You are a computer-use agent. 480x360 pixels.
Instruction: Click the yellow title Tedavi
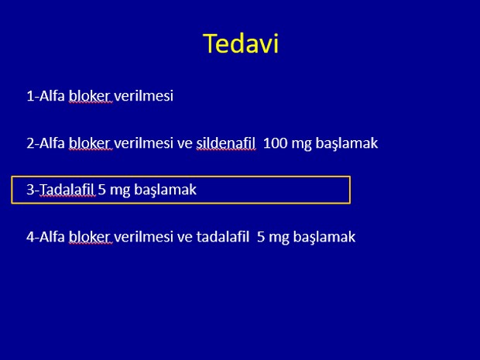(x=241, y=43)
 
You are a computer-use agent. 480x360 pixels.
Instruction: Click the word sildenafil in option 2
(x=225, y=143)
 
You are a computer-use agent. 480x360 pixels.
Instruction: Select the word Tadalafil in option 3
(x=67, y=190)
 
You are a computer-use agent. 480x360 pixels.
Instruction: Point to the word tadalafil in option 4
(x=222, y=237)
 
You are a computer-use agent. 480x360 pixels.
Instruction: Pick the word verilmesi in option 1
(x=143, y=96)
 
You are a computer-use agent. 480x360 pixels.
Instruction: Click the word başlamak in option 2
(x=347, y=143)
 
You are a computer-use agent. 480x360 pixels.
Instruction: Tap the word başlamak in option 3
(x=166, y=190)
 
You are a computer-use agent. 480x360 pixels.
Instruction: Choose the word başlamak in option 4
(x=324, y=237)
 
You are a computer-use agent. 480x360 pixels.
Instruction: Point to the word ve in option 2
(x=184, y=144)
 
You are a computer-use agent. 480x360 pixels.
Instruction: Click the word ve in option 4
(x=184, y=238)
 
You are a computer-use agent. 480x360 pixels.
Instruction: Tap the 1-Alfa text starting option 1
(x=46, y=96)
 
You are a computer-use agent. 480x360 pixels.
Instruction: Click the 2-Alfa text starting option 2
(x=46, y=143)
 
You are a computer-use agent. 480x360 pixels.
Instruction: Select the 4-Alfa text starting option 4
(x=46, y=237)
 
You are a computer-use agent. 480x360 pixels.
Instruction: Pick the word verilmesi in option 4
(x=143, y=237)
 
